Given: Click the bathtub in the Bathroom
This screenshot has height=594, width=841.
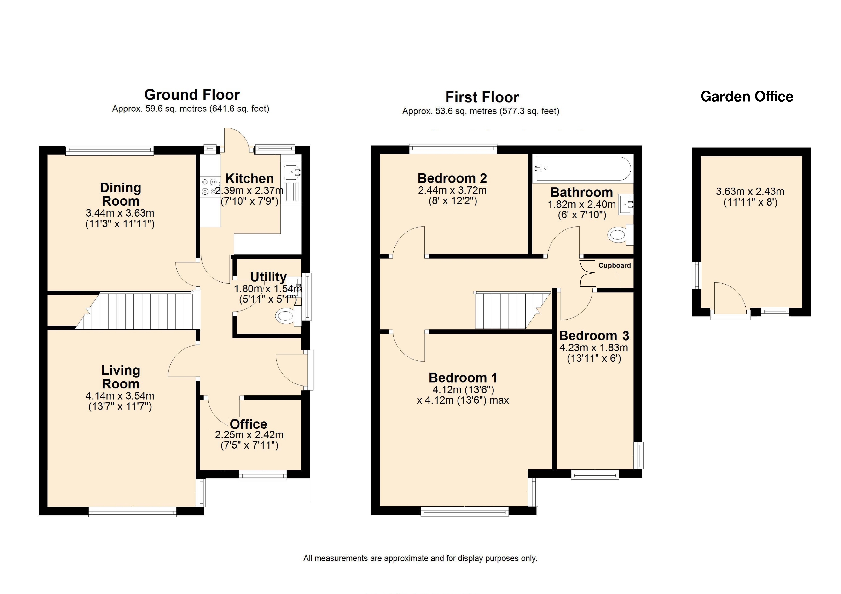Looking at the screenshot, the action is (x=584, y=169).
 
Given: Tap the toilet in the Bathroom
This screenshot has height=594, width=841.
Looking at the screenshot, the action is (x=621, y=234).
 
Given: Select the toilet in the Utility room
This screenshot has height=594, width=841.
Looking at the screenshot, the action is (x=288, y=316).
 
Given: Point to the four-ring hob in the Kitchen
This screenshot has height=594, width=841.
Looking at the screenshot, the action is (x=209, y=186).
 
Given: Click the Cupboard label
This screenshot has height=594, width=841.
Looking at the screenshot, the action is (x=615, y=265).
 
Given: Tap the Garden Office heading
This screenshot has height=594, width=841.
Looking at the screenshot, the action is (x=747, y=97).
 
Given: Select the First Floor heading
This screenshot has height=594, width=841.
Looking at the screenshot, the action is (x=482, y=97).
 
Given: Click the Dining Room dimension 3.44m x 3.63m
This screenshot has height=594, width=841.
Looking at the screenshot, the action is (x=120, y=213).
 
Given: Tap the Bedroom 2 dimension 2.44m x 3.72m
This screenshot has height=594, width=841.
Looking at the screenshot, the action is (x=452, y=190).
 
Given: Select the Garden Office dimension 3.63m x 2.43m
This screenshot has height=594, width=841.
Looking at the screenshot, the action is (x=750, y=191).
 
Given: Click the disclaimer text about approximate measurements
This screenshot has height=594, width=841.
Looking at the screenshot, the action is (x=420, y=558).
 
